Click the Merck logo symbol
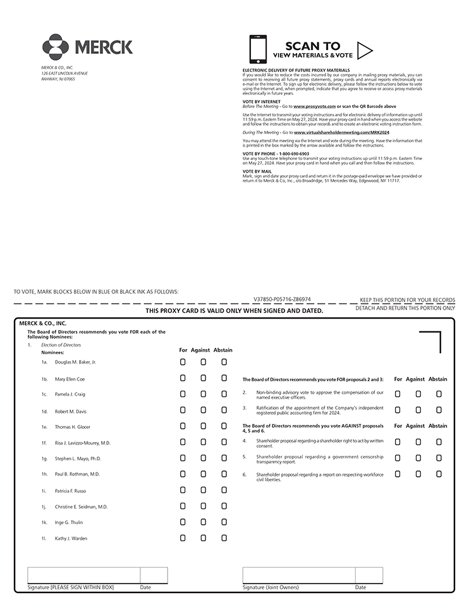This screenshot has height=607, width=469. [x=56, y=47]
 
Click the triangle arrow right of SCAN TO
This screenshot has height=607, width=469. [x=365, y=50]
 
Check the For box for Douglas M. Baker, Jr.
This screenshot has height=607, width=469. [x=183, y=362]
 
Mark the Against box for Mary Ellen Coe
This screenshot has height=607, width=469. [x=204, y=378]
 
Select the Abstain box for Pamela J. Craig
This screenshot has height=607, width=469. [x=224, y=394]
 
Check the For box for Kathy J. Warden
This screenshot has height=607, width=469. [x=183, y=538]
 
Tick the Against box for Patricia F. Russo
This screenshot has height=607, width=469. [x=204, y=490]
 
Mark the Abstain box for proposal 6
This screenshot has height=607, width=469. [x=439, y=474]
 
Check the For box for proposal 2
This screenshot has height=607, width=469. [x=398, y=394]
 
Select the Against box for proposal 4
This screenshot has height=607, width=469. [x=418, y=442]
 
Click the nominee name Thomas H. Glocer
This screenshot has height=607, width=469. [x=72, y=427]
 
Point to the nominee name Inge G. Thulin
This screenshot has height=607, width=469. [x=69, y=522]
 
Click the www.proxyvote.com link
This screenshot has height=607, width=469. [x=314, y=106]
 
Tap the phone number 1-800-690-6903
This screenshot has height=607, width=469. [x=292, y=154]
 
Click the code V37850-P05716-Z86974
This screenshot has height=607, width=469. [x=282, y=299]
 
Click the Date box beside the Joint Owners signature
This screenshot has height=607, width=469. [x=368, y=575]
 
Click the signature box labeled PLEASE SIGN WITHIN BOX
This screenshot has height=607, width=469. [x=83, y=575]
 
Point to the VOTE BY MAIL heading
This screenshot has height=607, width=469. [x=257, y=171]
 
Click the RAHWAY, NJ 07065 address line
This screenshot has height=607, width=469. [x=58, y=79]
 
